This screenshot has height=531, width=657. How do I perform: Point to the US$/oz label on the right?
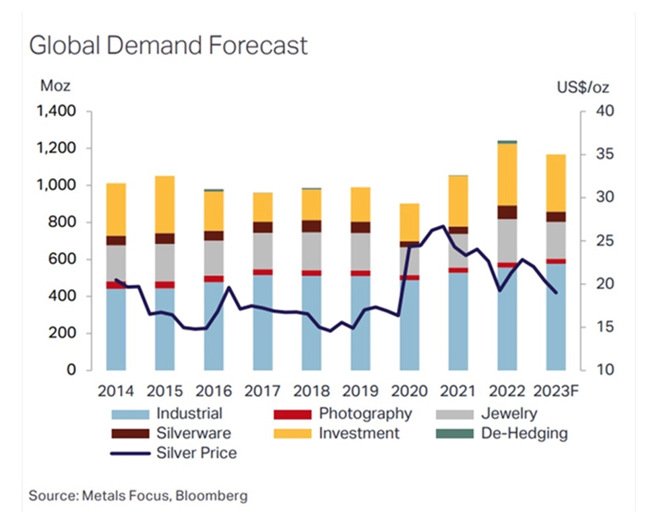583,87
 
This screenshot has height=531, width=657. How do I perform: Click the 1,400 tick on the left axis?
57,111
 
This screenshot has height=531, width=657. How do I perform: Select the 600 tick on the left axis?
65,259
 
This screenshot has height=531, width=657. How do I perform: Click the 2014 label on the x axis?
116,391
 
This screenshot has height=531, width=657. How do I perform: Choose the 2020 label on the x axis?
410,391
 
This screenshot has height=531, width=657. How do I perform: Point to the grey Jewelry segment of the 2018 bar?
311,251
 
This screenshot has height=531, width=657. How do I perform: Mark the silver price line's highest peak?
443,226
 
